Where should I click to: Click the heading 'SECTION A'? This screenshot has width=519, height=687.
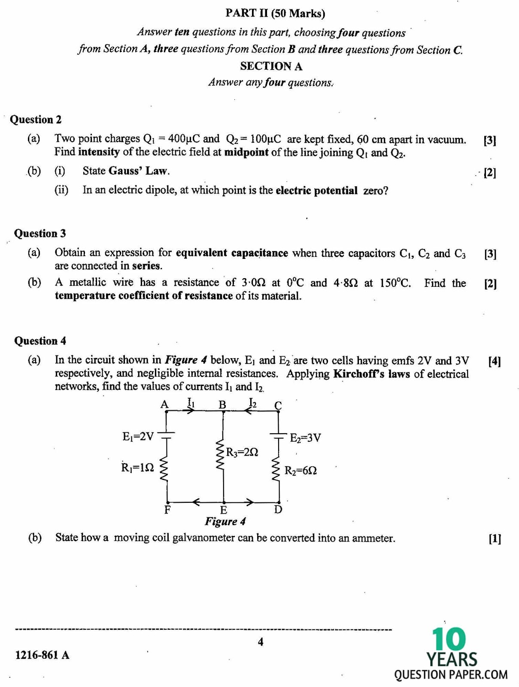271,66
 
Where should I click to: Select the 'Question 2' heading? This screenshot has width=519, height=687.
36,119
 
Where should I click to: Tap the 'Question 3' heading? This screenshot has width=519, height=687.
40,233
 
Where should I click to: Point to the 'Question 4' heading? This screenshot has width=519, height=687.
40,340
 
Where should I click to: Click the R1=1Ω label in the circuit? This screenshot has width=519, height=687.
137,468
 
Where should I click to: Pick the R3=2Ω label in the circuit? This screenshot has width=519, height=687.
242,452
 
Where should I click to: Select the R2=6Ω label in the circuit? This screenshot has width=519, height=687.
301,471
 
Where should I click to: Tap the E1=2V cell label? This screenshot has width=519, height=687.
138,437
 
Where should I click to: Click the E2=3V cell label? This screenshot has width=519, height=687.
305,438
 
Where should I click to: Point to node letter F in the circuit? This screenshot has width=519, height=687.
167,510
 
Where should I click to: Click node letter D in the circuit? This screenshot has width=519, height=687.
278,510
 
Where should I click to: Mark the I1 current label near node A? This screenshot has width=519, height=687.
191,403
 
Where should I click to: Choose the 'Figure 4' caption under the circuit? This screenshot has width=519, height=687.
225,521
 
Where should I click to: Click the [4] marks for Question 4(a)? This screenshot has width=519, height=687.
495,361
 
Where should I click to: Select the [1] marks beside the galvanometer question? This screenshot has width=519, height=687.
495,538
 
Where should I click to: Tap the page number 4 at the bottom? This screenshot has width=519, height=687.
260,642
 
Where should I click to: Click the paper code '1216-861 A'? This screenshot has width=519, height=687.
42,655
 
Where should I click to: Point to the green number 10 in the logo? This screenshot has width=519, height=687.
448,639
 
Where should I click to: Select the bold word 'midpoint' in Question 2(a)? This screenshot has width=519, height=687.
246,152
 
